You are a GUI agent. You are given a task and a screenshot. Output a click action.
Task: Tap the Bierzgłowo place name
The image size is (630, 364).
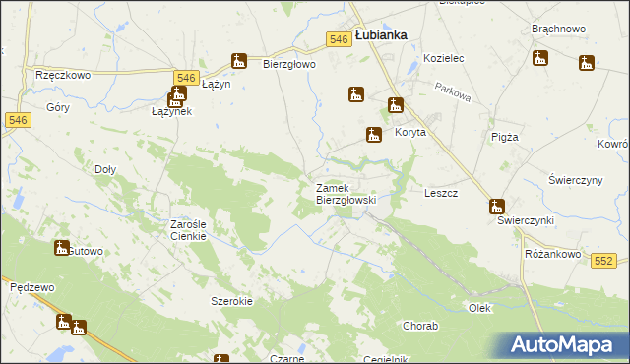288,65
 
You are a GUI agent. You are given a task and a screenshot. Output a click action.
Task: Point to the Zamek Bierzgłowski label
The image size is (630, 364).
346,194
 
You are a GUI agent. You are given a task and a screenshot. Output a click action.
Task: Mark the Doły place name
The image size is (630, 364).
104,169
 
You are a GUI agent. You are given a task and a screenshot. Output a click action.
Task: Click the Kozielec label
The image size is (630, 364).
443,59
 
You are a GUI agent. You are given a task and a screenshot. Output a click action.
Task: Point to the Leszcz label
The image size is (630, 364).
440,194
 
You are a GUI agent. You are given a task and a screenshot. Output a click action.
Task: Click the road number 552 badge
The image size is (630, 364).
604,260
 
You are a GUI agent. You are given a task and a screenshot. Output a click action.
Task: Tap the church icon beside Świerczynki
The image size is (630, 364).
496,207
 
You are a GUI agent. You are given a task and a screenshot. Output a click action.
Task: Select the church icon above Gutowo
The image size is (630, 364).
62,247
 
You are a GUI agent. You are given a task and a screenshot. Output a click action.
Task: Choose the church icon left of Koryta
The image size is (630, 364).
374,135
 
